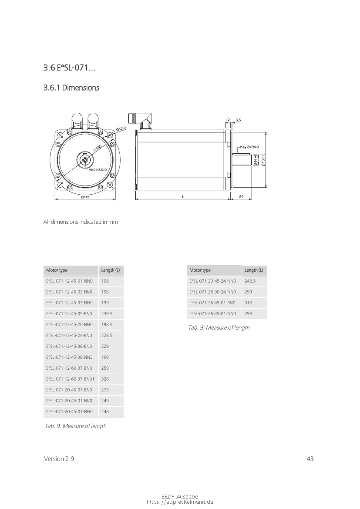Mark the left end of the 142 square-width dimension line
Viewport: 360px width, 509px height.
click(x=54, y=199)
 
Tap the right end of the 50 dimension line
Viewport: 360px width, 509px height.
click(x=252, y=199)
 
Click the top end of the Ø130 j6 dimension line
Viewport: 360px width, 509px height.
click(x=266, y=132)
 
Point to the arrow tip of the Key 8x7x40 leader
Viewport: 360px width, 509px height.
click(x=237, y=154)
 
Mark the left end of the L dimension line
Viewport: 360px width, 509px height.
click(x=135, y=199)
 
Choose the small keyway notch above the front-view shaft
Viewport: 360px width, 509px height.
click(x=85, y=154)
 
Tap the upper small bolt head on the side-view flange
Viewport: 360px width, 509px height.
click(x=229, y=143)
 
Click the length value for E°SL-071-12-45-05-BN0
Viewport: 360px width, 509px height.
click(x=107, y=313)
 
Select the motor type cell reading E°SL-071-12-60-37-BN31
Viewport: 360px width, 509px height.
click(x=71, y=379)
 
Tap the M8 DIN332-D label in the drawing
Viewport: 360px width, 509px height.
click(x=98, y=170)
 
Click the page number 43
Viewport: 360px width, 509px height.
click(x=310, y=458)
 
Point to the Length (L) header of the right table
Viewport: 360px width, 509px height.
click(x=254, y=270)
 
